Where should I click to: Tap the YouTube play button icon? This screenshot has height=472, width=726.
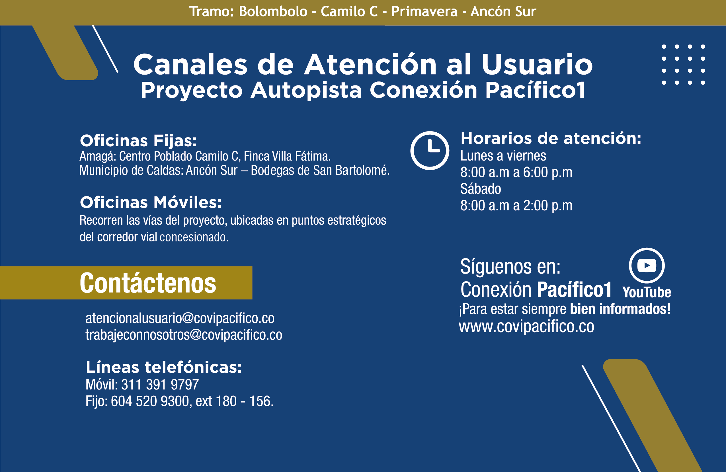[647, 265]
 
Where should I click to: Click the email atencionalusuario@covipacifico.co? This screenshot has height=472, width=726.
[180, 319]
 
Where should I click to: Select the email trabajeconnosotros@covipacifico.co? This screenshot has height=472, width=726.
[184, 335]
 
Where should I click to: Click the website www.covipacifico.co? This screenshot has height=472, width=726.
[526, 327]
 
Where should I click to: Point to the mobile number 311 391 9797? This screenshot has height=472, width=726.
[160, 384]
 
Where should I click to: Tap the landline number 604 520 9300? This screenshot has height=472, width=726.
[150, 401]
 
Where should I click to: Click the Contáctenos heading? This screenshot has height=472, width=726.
[148, 283]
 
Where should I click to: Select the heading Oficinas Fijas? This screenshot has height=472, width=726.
[138, 141]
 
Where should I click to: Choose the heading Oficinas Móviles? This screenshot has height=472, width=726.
[151, 202]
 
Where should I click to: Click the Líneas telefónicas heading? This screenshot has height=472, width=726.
[163, 367]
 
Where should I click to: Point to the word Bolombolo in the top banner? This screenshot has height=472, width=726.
[273, 12]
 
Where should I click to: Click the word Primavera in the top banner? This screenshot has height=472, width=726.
[424, 12]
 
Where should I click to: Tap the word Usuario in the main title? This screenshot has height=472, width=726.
[537, 64]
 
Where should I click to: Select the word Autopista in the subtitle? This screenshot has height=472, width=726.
[306, 90]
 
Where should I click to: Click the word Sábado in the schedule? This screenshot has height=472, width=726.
[481, 189]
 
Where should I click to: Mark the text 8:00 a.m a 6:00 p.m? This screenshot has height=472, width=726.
[516, 173]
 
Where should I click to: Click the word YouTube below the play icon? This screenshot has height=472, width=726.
[647, 292]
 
